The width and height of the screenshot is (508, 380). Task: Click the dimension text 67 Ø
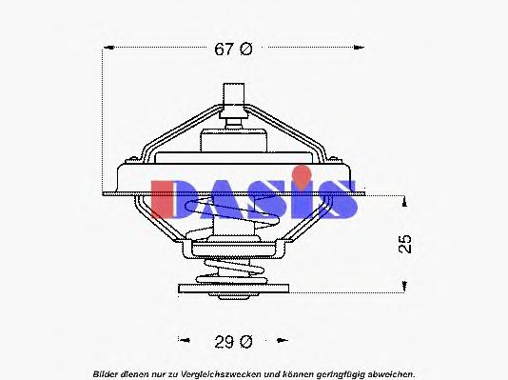point(232,50)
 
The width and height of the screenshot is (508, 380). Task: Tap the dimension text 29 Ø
point(232,340)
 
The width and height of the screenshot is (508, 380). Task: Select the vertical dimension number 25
point(406,243)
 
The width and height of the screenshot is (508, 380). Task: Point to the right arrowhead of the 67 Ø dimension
point(361,50)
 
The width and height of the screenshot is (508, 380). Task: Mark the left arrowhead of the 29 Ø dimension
point(180,340)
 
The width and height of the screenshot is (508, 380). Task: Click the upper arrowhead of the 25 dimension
point(405,201)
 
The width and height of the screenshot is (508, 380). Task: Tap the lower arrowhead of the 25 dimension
point(405,283)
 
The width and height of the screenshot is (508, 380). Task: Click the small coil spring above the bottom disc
point(229,270)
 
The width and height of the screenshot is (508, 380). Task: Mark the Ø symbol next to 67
point(244,50)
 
